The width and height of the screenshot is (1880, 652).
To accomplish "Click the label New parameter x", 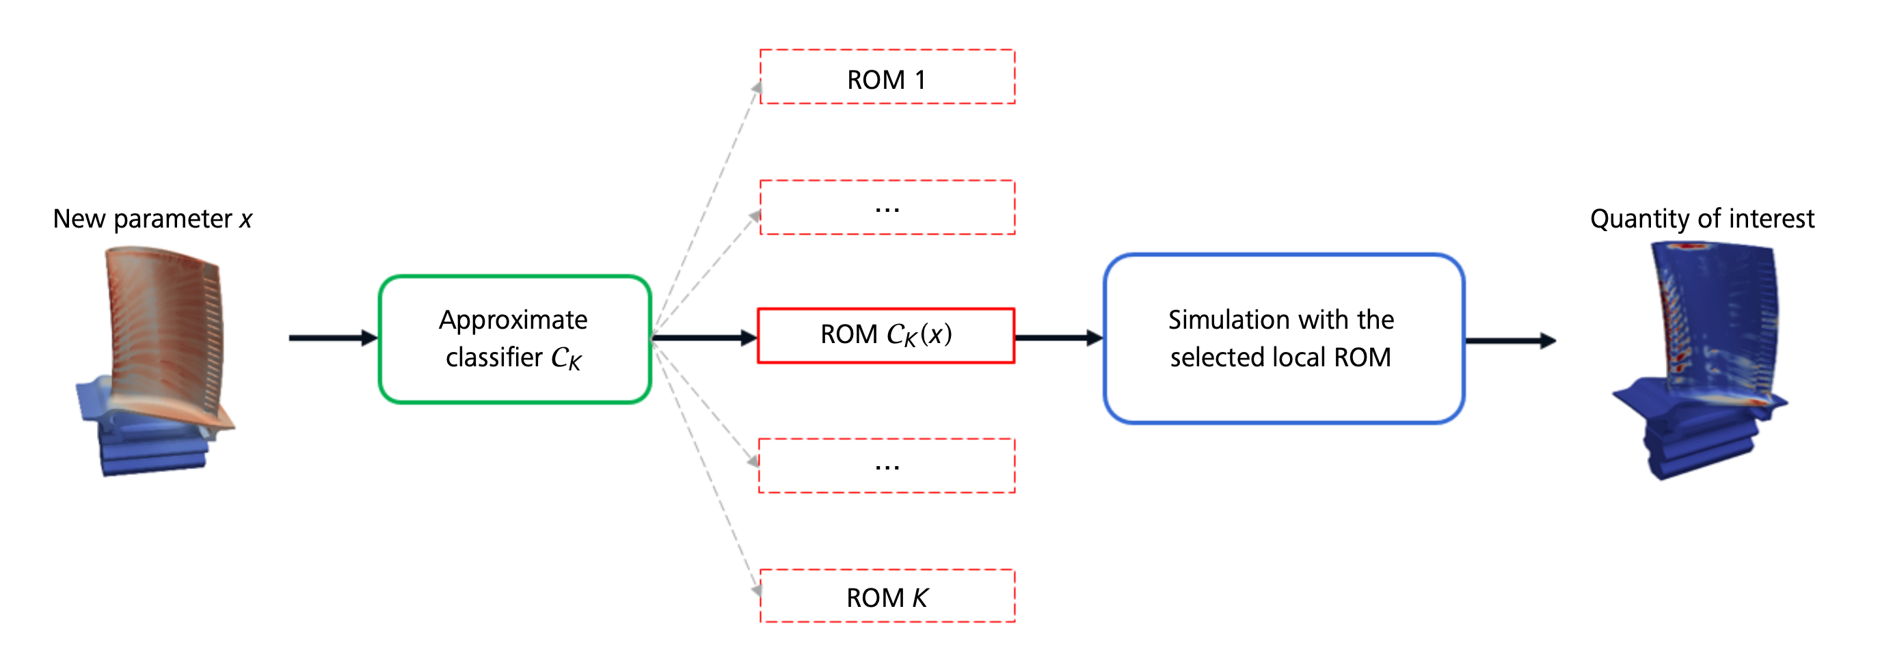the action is pos(152,219).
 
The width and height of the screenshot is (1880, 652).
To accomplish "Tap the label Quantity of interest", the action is pos(1702,219).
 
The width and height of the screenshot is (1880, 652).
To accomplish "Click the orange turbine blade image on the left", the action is pos(155,361).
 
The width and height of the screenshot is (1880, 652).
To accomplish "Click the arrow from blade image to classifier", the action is pos(334,338).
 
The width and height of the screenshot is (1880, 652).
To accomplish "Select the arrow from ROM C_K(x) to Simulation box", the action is pos(1059,338).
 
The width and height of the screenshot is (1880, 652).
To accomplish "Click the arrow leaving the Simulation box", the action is pos(1511,340).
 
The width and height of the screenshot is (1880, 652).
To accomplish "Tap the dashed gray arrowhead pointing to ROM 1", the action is pos(756,88).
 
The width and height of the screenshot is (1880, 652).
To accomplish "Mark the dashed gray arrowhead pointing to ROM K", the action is pos(756,589).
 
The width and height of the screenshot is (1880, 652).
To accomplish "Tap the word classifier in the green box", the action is pos(494,357).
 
